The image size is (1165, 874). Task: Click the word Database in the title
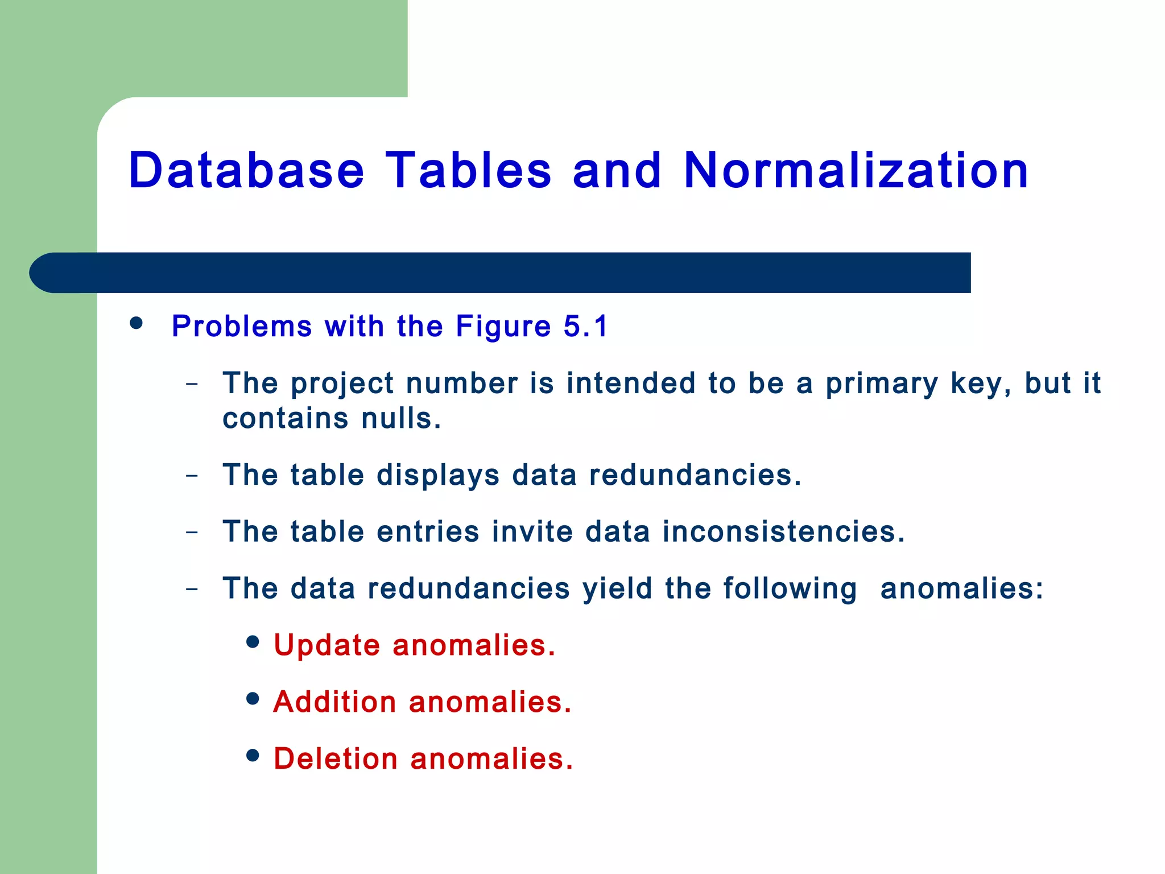point(246,170)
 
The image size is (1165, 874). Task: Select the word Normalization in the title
point(856,170)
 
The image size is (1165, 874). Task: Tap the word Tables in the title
point(468,170)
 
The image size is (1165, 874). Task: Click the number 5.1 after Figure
point(585,326)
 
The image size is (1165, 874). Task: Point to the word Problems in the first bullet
point(242,327)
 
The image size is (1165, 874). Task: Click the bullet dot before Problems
point(136,323)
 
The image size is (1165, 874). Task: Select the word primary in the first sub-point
point(881,384)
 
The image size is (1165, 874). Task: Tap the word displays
point(438,476)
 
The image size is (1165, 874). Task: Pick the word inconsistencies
point(783,531)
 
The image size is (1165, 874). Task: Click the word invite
point(532,531)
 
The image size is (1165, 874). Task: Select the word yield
point(617,588)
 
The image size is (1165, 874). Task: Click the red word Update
point(327,646)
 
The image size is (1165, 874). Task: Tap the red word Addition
point(334,702)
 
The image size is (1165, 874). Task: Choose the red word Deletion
point(336,759)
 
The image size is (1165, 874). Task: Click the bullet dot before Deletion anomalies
point(253,756)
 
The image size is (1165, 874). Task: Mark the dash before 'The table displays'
point(192,475)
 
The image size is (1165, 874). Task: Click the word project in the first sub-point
point(342,384)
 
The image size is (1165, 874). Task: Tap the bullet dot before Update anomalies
point(253,642)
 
